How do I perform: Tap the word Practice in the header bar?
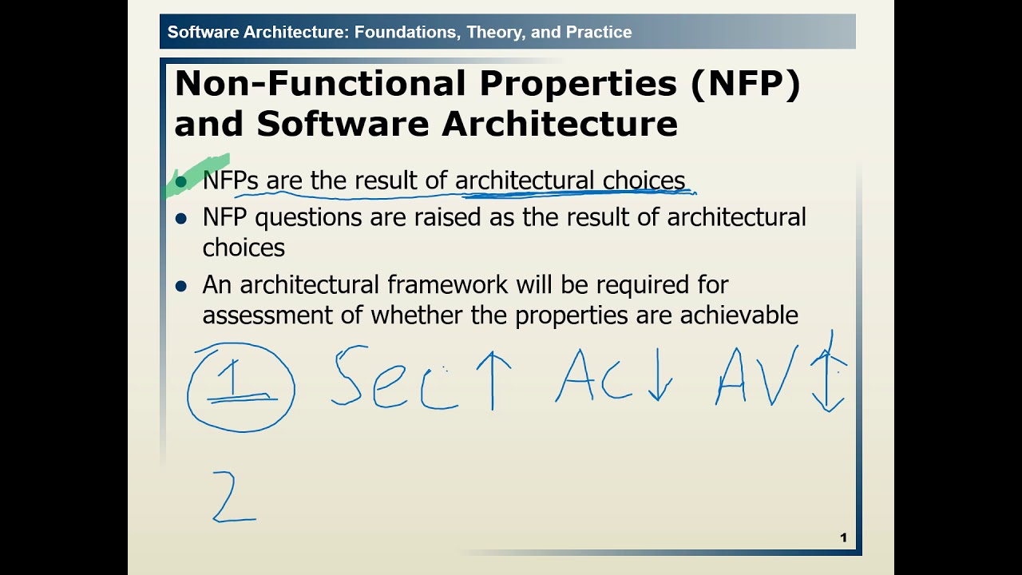coord(599,33)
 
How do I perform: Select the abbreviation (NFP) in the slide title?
coord(745,84)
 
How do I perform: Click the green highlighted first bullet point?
coord(180,182)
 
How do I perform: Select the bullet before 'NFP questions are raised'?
coord(181,218)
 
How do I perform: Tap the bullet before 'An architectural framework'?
coord(181,286)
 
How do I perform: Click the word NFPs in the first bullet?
coord(230,180)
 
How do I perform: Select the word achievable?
coord(739,315)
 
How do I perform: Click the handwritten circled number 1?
coord(240,387)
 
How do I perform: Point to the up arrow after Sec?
coord(493,380)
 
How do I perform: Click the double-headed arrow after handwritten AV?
coord(830,371)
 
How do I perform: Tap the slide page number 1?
coord(843,537)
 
